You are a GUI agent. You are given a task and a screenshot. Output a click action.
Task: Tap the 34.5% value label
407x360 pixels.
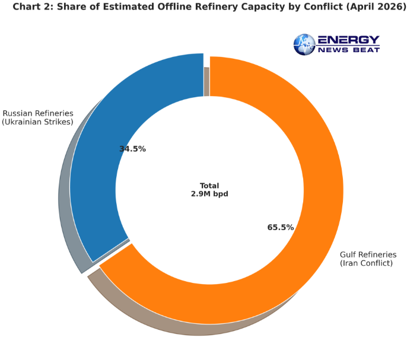132,149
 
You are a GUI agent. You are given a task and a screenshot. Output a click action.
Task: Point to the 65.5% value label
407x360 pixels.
281,227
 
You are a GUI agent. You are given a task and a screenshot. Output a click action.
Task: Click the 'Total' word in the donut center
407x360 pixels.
209,186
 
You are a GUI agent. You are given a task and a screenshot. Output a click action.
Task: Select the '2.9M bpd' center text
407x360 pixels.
209,194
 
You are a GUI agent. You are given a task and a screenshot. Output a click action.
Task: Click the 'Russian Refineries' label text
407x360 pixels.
38,113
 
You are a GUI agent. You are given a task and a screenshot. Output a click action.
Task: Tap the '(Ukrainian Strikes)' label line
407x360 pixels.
37,122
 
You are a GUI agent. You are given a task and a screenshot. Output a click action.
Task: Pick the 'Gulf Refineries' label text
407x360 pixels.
368,255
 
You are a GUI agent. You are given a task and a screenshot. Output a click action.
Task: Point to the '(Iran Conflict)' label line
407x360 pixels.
366,263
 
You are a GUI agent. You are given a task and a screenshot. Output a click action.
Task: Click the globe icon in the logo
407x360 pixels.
305,44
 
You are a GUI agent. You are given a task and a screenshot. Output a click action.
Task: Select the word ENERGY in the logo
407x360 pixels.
348,40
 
